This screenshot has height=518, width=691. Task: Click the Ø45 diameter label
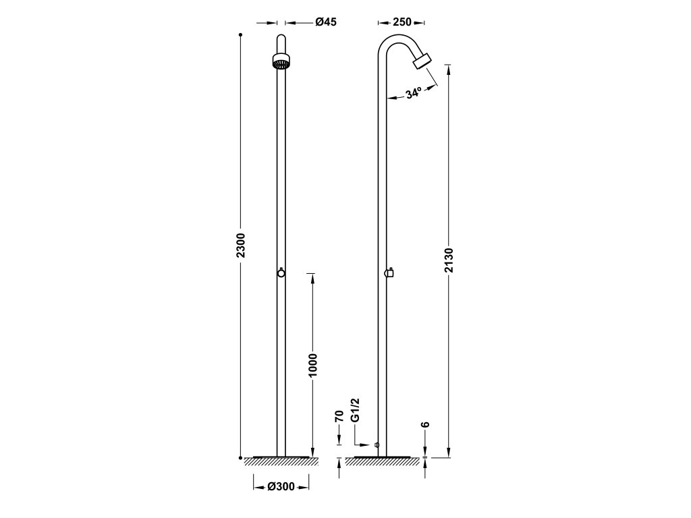pyautogui.click(x=326, y=22)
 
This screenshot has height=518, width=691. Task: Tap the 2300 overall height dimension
pyautogui.click(x=241, y=246)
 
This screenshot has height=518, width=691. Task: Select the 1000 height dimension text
pyautogui.click(x=312, y=365)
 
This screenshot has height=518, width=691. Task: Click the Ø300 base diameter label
pyautogui.click(x=281, y=487)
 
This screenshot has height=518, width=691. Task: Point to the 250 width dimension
pyautogui.click(x=402, y=22)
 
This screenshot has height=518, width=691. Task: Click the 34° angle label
pyautogui.click(x=414, y=93)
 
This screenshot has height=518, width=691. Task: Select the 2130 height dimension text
pyautogui.click(x=449, y=260)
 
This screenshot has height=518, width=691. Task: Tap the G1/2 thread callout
pyautogui.click(x=356, y=411)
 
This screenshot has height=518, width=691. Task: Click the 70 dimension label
pyautogui.click(x=339, y=416)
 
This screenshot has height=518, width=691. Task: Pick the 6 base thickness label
pyautogui.click(x=425, y=425)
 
